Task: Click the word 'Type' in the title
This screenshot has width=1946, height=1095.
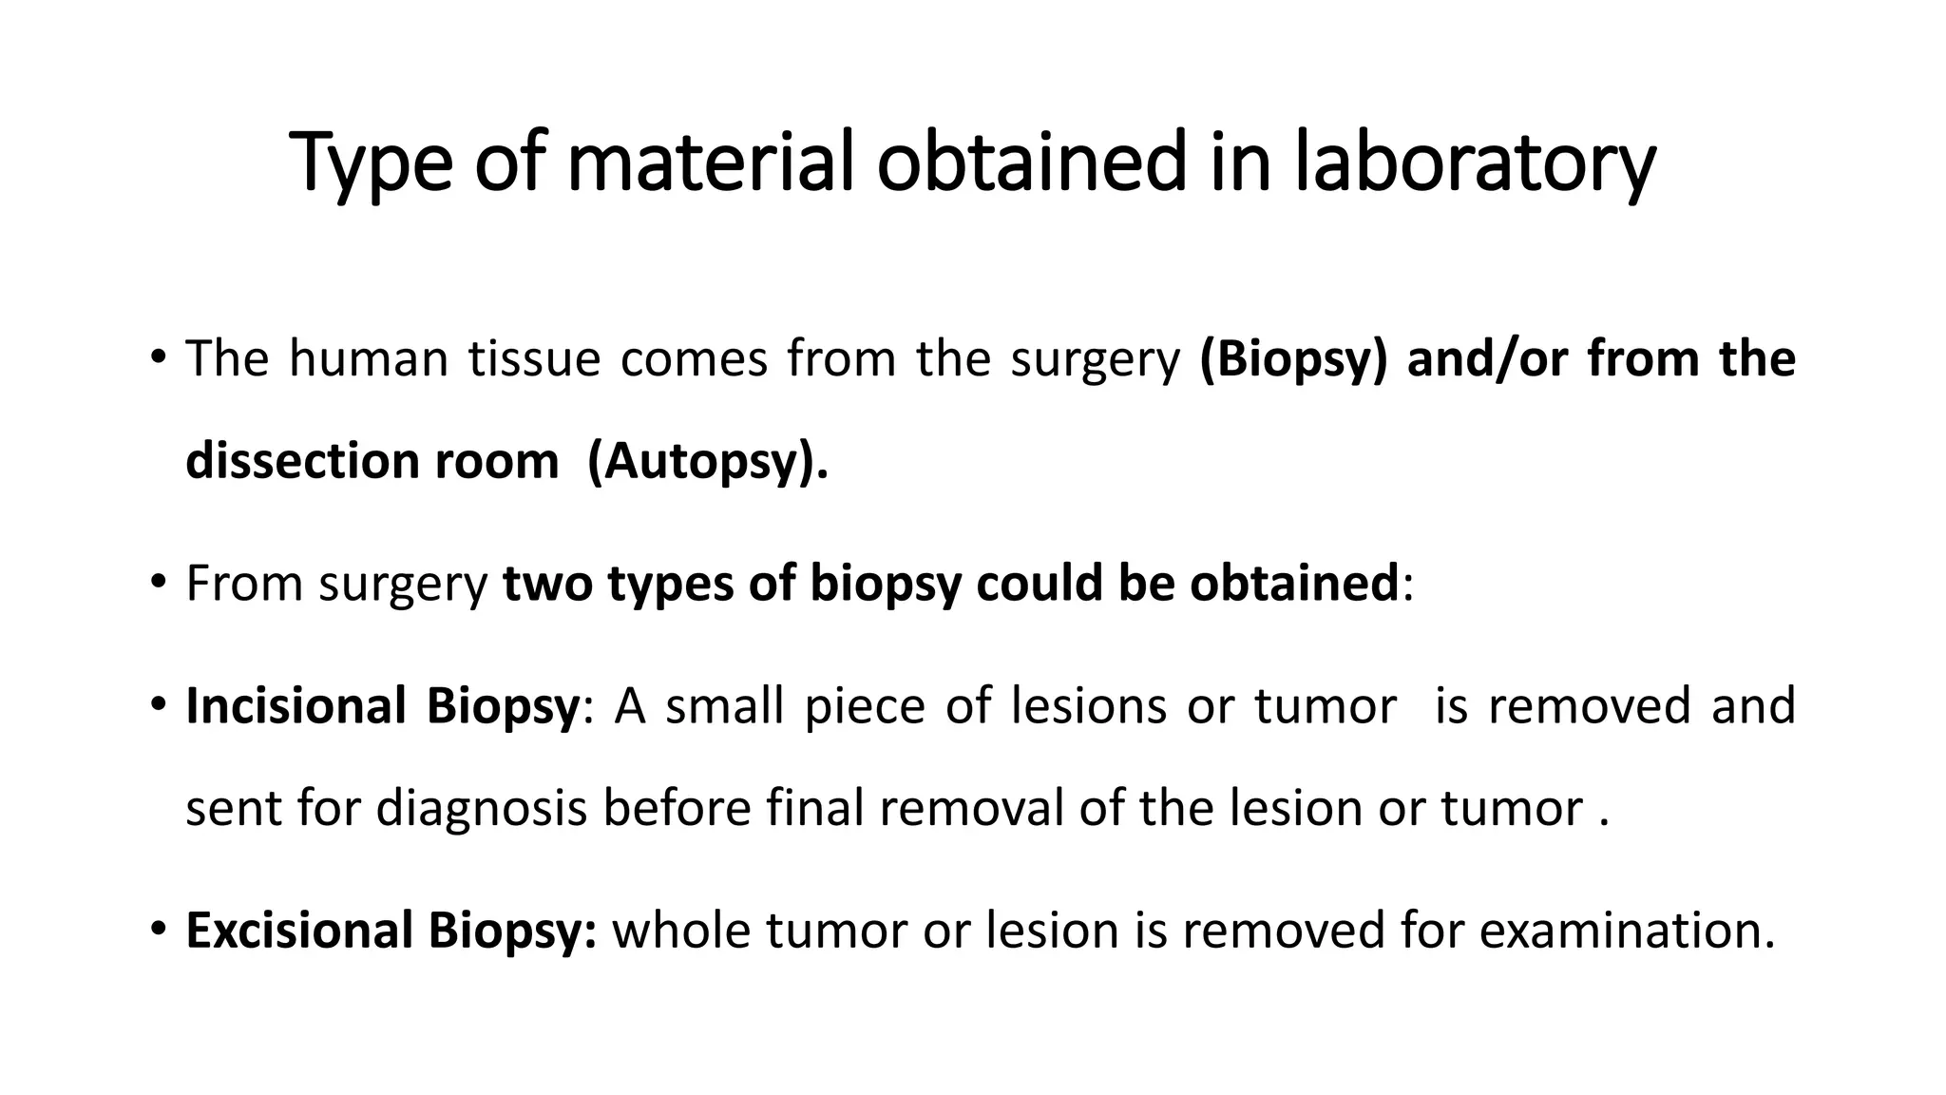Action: click(371, 163)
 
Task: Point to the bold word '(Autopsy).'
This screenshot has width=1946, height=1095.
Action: click(708, 462)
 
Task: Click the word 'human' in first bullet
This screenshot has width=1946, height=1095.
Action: click(368, 359)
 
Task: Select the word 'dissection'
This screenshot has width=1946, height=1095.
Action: click(301, 462)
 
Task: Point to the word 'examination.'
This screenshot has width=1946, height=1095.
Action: click(1627, 931)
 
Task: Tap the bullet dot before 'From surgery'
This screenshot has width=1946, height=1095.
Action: click(158, 582)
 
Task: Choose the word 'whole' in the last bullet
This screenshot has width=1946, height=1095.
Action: click(681, 931)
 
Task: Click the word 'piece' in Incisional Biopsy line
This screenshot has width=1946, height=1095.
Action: click(864, 706)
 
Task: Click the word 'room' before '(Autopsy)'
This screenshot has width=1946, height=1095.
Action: click(496, 462)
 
